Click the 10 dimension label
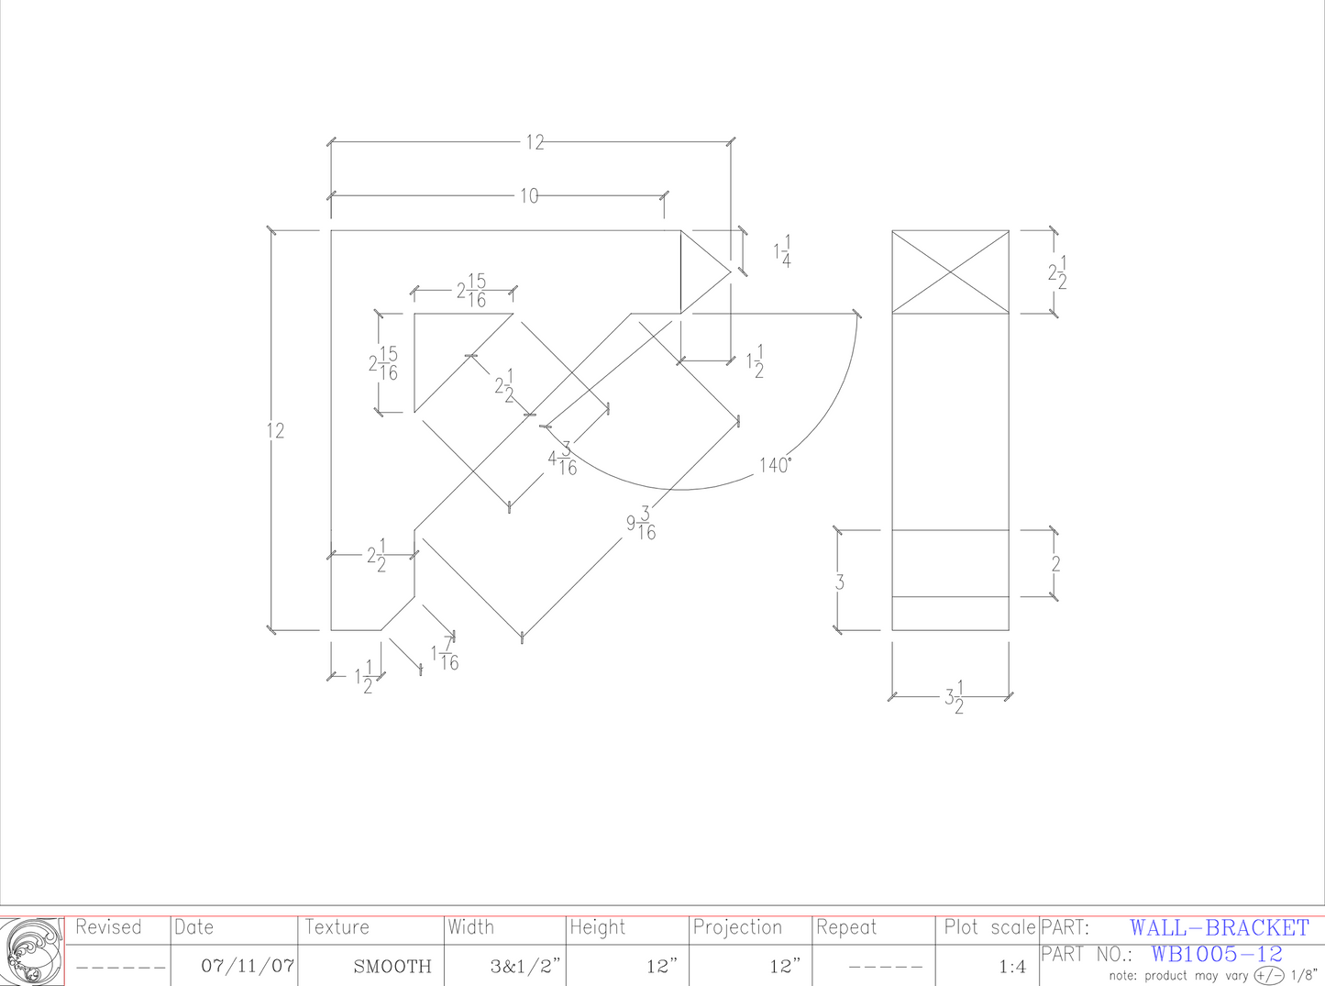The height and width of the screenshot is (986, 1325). [529, 195]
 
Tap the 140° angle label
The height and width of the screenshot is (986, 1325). [775, 465]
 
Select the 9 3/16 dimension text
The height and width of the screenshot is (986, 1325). [641, 524]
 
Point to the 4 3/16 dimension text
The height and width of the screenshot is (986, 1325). [562, 459]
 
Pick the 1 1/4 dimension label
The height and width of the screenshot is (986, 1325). [782, 251]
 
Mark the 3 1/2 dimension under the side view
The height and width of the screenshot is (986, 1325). [954, 697]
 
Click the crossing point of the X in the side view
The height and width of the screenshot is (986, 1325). [951, 272]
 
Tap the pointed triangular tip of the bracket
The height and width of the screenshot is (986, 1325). [729, 271]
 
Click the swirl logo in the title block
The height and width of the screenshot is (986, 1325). [32, 951]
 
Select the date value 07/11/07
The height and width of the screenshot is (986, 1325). [248, 966]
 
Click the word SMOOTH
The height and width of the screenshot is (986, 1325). [392, 966]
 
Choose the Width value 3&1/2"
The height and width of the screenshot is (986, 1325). [524, 966]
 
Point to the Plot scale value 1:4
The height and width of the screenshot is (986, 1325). [1012, 966]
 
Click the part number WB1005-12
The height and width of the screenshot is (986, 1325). [1217, 954]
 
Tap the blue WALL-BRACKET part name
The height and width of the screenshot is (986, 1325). [1219, 928]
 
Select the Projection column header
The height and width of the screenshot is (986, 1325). [737, 927]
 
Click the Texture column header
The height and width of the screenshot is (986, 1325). [337, 927]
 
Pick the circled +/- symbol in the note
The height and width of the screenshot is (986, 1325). [1269, 975]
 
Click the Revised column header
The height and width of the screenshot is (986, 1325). [108, 927]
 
